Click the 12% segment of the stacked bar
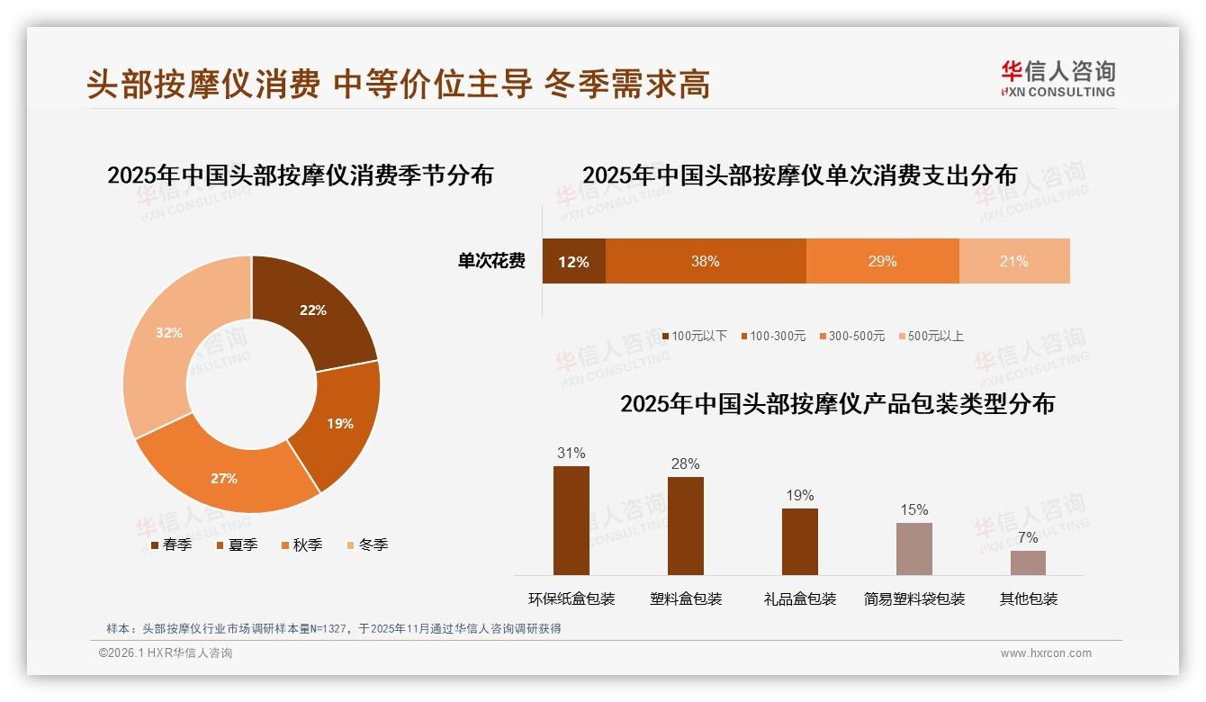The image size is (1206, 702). [573, 262]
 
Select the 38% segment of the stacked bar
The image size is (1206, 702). [705, 262]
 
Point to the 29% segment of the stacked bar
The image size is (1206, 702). [882, 262]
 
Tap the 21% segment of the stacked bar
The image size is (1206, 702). [1014, 262]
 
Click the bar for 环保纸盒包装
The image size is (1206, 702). [571, 520]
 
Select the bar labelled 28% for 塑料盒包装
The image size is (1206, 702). [685, 526]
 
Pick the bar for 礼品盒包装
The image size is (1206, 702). [799, 542]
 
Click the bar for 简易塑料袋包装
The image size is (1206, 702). [913, 549]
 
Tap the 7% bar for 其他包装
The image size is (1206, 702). [1028, 562]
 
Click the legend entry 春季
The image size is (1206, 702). [171, 544]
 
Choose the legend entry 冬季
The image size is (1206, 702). [367, 544]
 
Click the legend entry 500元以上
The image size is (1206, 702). [931, 337]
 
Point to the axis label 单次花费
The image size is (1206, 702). [491, 262]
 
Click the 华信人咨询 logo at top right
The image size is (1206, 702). [1057, 78]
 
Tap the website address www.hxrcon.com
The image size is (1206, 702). [1046, 653]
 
